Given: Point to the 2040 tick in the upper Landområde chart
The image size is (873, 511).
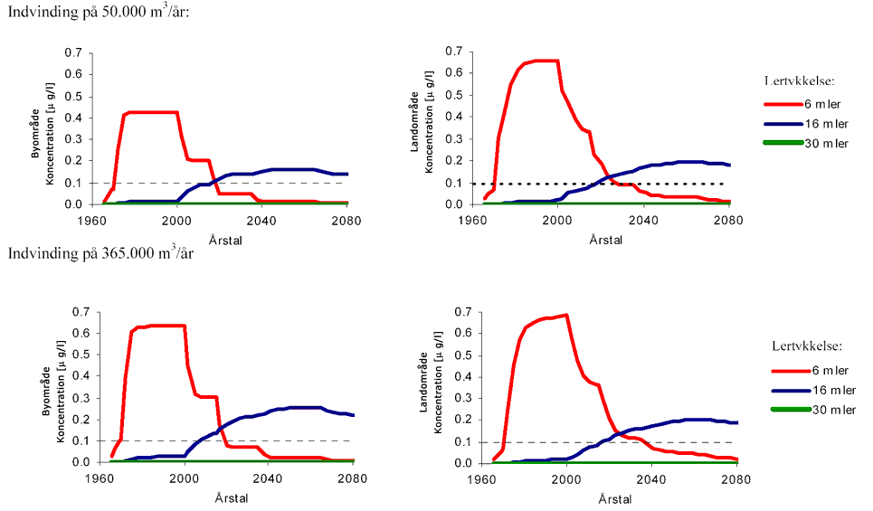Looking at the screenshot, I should click(643, 219).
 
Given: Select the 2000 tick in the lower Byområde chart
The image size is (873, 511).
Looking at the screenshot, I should click(185, 477).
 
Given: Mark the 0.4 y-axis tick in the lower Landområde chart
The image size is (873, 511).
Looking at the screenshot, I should click(461, 377).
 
